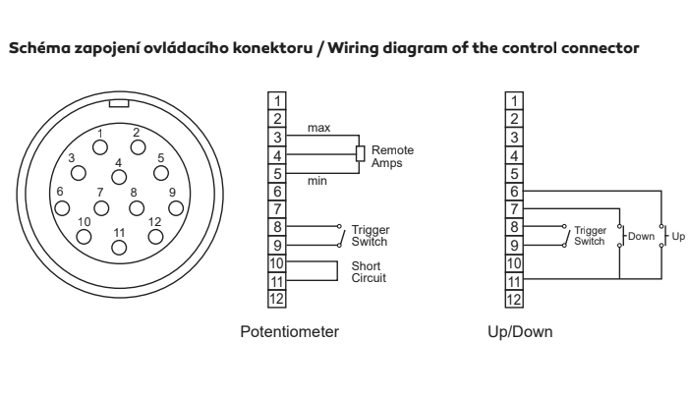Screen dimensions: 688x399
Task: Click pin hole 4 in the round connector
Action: (x=119, y=177)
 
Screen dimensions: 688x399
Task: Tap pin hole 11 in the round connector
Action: (x=119, y=248)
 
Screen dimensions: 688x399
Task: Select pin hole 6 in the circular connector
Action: (x=62, y=208)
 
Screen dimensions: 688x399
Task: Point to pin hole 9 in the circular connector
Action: (x=176, y=208)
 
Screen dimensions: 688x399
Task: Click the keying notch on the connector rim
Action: (x=119, y=103)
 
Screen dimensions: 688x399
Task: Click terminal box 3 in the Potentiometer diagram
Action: (x=277, y=138)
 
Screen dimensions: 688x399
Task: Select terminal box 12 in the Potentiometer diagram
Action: (x=277, y=299)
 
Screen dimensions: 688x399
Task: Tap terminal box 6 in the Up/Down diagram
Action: (x=514, y=192)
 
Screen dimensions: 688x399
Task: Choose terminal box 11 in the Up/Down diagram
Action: (x=514, y=281)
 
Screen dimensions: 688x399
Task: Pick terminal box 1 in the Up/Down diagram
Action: (x=514, y=101)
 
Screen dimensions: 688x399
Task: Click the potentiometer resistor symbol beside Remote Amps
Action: (x=360, y=153)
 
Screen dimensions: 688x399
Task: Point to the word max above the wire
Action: (x=319, y=128)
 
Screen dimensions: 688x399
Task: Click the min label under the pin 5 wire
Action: (x=317, y=181)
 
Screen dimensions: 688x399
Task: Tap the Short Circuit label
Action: (x=369, y=271)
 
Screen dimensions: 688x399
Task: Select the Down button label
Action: (x=641, y=236)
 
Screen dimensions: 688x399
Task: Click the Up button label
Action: (x=678, y=236)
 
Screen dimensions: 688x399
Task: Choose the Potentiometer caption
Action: (x=290, y=331)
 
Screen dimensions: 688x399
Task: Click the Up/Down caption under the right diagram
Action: (x=520, y=331)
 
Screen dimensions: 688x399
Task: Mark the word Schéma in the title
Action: (x=39, y=47)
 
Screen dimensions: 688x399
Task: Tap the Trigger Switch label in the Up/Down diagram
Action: (x=590, y=236)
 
